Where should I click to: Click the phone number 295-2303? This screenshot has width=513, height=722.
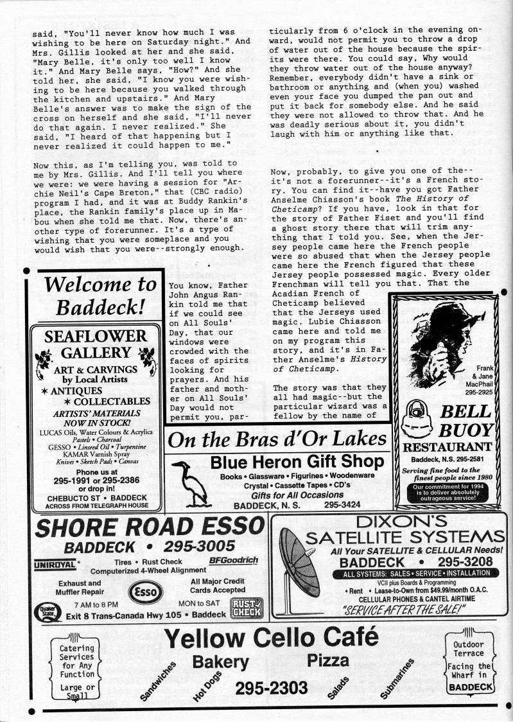click(271, 688)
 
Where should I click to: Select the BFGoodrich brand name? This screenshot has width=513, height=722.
click(233, 560)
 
